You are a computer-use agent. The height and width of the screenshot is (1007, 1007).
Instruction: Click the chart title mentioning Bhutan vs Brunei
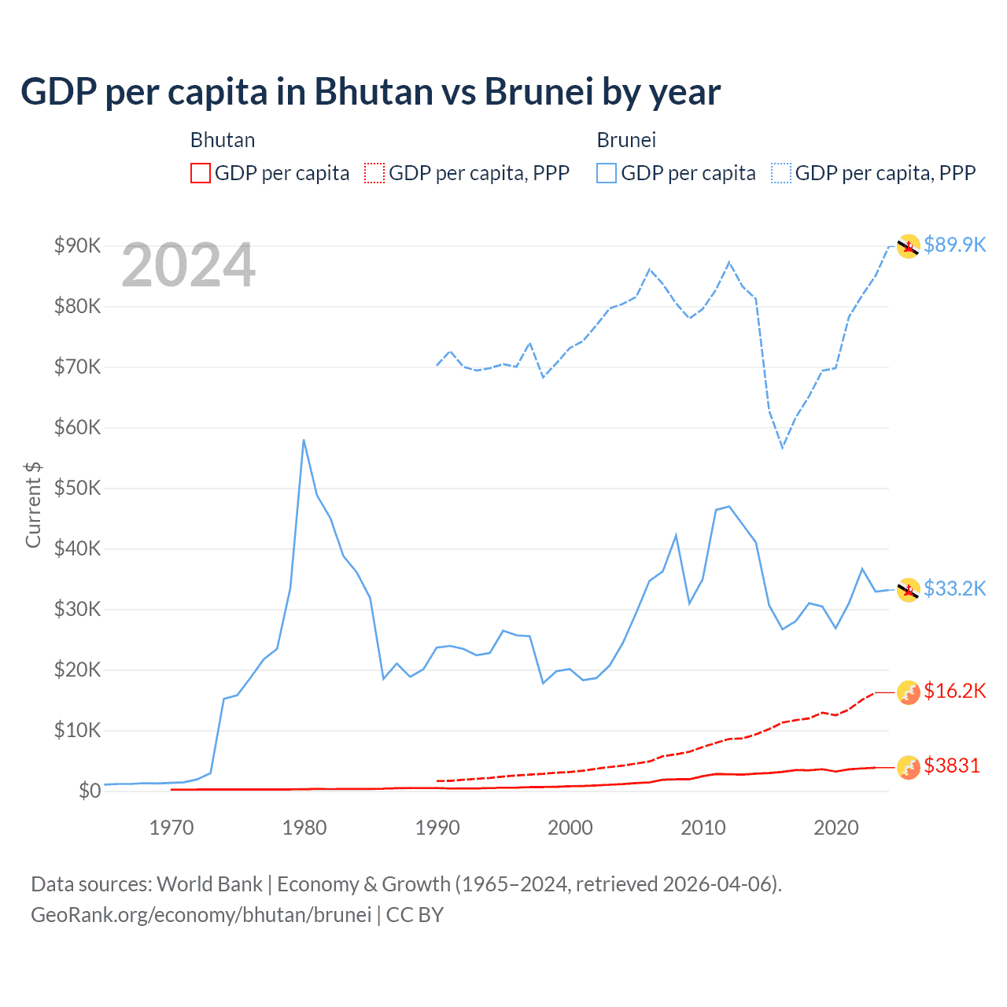370,92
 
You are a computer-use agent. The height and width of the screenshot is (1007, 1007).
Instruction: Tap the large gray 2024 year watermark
189,266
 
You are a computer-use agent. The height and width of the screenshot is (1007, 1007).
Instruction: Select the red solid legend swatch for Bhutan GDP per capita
201,173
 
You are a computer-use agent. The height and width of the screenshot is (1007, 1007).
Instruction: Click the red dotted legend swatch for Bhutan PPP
374,173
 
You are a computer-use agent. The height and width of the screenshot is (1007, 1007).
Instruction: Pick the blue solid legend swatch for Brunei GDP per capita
607,173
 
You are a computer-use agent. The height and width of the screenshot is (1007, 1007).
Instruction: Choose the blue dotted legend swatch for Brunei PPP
781,173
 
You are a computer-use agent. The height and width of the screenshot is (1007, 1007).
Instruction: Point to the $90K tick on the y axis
77,245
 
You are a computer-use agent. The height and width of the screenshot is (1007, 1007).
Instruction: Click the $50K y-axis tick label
77,488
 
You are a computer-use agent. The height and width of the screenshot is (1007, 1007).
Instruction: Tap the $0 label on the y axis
90,791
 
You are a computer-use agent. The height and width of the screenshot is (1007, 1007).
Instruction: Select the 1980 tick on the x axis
304,828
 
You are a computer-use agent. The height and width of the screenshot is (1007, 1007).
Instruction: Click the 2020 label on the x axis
835,828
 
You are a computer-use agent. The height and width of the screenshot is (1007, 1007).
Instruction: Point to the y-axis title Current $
33,504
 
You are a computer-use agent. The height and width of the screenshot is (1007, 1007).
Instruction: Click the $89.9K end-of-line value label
954,245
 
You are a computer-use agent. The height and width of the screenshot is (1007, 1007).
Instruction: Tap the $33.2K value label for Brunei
954,588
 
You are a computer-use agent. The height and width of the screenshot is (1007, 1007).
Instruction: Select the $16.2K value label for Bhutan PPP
954,691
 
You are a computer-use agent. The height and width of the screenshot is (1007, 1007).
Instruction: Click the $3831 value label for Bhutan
951,765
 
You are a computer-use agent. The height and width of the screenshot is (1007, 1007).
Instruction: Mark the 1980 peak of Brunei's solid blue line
304,440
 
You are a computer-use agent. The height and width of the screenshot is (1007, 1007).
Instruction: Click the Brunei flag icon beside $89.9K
909,246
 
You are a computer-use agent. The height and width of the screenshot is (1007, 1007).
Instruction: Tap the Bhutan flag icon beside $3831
909,767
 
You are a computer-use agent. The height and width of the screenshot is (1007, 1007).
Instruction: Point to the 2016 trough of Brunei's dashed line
783,448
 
